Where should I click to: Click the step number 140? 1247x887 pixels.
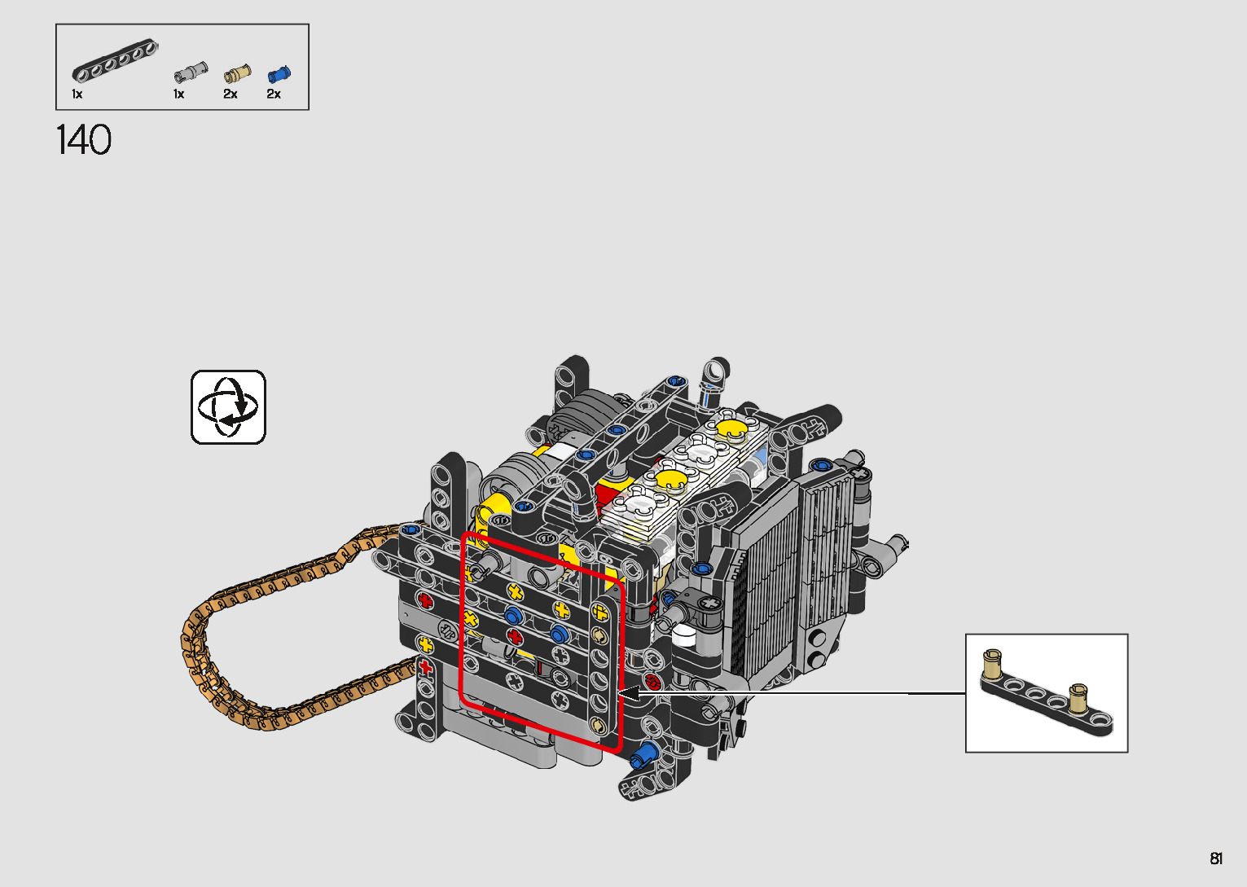pos(84,140)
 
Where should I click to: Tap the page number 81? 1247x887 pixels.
pos(1216,858)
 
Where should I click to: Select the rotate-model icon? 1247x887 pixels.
pos(228,407)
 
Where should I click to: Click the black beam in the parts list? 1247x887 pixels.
pos(115,61)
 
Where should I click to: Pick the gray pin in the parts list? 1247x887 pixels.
pos(191,72)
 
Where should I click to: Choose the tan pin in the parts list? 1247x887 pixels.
pos(237,73)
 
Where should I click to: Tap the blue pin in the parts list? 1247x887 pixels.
pos(279,74)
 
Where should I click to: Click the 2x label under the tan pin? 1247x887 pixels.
pos(231,94)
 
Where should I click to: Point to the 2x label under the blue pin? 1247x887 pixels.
pos(274,94)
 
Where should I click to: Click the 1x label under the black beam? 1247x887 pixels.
pos(77,94)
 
